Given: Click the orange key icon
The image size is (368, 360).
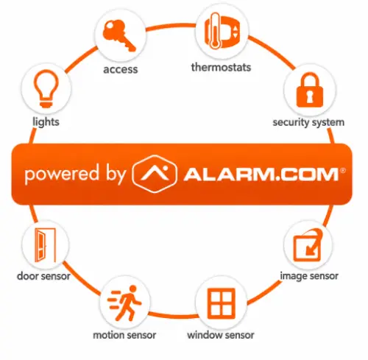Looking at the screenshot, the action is (119, 36).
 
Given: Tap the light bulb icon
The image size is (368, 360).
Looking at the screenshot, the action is (46, 88).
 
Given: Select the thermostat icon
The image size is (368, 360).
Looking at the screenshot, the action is (222, 31).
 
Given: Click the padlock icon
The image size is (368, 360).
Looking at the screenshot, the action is (310, 90).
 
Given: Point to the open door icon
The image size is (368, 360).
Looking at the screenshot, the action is (45, 245).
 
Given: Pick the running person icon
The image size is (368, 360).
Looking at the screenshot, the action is (124, 303).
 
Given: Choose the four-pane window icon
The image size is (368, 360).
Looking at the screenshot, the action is (221, 303).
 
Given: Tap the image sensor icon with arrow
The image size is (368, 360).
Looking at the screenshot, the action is (308, 245).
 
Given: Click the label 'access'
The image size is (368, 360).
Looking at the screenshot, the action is (121, 69).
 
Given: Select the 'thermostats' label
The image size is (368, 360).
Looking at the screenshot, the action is (221, 67).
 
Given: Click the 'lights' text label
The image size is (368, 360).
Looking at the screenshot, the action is (46, 122).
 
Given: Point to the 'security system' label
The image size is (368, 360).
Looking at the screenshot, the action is (308, 122).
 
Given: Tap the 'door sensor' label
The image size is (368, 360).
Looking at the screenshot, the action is (43, 276).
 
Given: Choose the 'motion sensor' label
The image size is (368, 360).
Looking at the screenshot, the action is (124, 335).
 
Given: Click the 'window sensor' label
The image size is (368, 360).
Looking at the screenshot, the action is (221, 335).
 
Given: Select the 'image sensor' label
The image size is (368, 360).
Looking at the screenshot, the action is (309, 276).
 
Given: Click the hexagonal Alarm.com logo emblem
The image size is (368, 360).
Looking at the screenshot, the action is (155, 174).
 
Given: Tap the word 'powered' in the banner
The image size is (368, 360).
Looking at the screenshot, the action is (62, 174).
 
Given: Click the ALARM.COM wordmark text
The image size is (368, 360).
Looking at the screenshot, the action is (261, 174).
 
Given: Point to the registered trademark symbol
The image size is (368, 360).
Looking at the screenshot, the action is (343, 170).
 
